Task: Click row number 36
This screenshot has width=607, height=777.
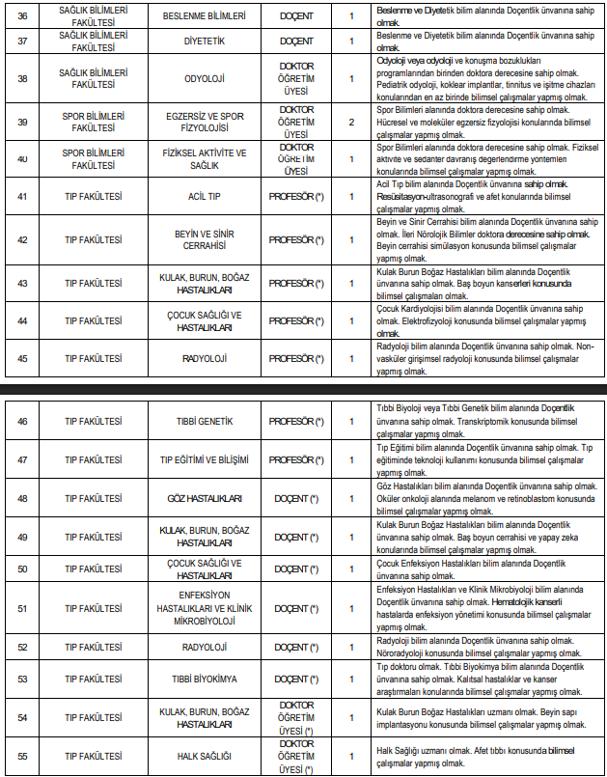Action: point(22,15)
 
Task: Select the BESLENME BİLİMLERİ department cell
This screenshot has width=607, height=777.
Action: point(204,15)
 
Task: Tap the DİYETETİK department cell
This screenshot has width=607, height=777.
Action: point(204,42)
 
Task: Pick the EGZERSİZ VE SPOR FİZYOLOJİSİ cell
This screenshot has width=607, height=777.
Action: point(204,124)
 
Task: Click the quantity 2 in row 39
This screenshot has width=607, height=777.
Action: point(351,124)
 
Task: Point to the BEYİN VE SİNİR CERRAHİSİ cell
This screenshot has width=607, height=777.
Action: point(204,239)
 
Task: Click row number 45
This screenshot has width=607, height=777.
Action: point(22,358)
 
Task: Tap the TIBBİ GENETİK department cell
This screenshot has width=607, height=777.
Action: point(204,422)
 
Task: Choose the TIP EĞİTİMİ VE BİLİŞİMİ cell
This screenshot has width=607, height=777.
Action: point(204,460)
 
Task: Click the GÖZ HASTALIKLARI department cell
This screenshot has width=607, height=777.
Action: point(204,498)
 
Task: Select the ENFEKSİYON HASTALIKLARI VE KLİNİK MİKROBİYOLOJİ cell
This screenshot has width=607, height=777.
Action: point(204,608)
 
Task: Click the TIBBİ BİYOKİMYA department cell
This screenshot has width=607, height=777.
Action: point(204,680)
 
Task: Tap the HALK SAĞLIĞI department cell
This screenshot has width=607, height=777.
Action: point(204,756)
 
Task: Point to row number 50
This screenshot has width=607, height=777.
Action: point(22,569)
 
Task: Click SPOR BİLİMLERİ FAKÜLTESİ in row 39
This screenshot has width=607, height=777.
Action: point(92,124)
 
